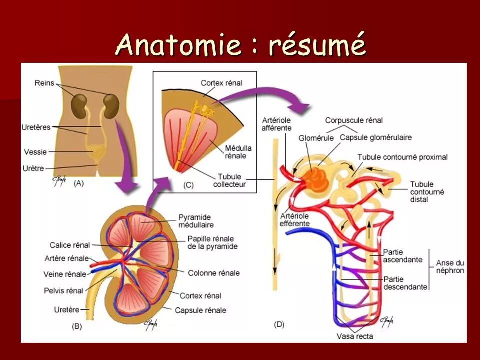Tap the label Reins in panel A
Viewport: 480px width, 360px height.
[44, 83]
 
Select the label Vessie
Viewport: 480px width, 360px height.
[34, 151]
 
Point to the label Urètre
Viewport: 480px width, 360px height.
[34, 167]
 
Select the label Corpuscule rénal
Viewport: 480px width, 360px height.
[354, 120]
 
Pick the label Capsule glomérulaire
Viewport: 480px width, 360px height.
[369, 138]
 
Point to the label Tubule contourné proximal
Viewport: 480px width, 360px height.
[402, 157]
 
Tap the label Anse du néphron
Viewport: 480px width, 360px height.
[450, 267]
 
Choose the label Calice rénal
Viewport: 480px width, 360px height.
[70, 245]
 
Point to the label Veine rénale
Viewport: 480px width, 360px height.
[65, 274]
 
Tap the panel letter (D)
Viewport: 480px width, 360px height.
[279, 324]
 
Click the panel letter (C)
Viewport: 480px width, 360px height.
[188, 185]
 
